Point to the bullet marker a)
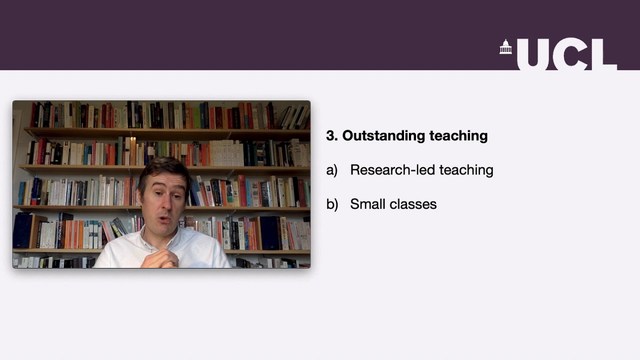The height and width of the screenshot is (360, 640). tap(331, 170)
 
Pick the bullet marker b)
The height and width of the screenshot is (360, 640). tap(332, 204)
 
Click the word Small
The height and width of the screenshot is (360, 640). tap(367, 204)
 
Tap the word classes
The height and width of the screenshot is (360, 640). tap(415, 204)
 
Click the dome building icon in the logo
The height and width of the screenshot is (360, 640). tap(506, 47)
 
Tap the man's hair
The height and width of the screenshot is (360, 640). tap(163, 167)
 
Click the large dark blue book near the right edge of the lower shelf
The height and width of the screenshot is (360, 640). tap(270, 233)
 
